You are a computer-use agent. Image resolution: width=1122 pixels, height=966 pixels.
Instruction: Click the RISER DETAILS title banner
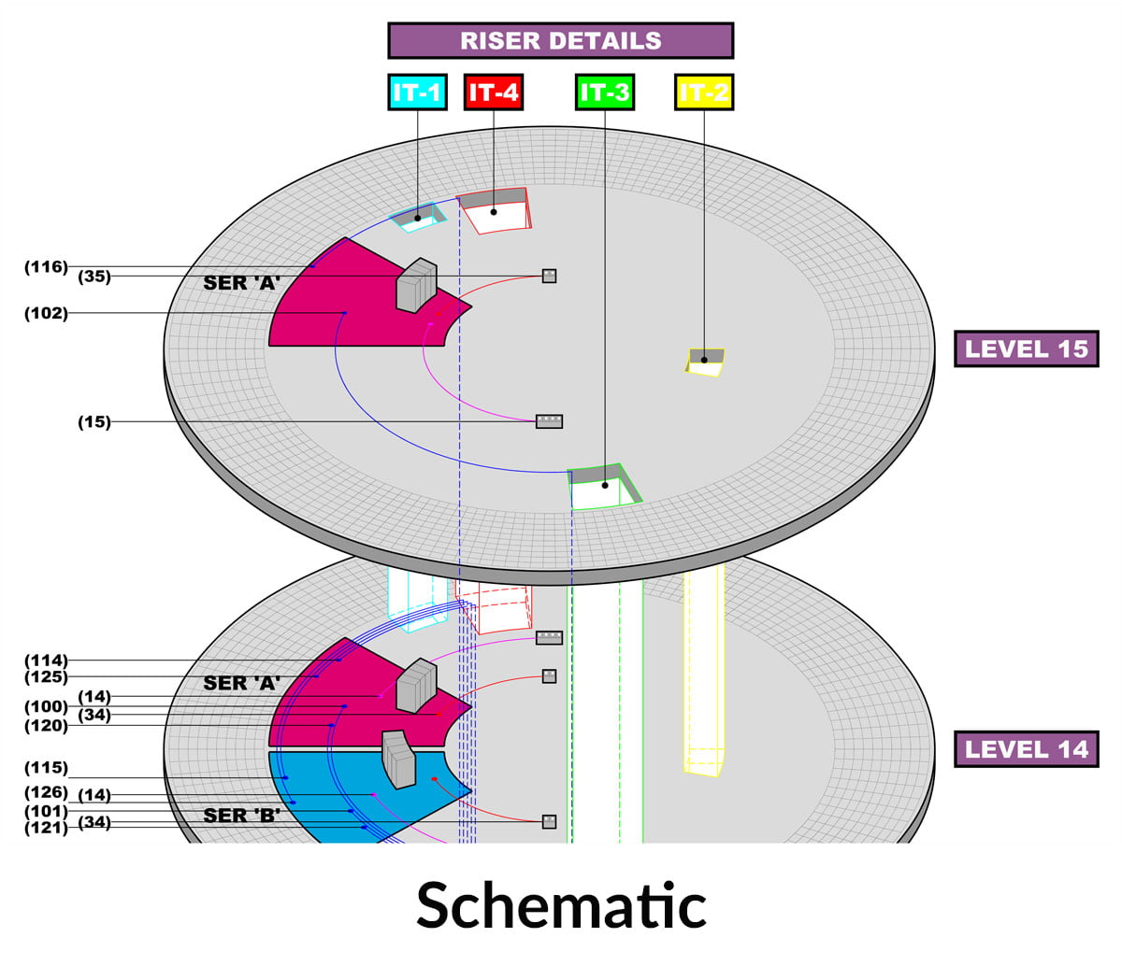560,41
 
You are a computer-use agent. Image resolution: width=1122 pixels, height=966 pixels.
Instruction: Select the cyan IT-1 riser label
417,92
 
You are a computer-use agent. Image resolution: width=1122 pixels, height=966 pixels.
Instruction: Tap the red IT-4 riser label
493,92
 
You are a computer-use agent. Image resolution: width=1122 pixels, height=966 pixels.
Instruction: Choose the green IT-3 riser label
605,92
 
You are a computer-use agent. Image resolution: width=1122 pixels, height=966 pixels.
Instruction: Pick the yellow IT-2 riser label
703,92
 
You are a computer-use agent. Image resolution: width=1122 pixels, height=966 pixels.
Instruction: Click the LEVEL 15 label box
1026,348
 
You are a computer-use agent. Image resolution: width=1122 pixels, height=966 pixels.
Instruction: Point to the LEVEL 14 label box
1026,749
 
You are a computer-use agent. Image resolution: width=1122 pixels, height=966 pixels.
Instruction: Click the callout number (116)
46,267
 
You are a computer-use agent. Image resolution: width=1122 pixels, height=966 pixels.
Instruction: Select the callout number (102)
46,314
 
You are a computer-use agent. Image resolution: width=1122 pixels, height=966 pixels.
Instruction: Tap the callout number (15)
93,422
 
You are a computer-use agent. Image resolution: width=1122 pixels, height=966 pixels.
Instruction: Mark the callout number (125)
46,676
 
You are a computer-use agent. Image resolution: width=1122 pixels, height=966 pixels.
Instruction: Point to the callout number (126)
46,793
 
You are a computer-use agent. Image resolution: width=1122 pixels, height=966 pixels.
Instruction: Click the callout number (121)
46,828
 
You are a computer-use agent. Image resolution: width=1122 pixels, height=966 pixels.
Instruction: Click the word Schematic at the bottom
561,904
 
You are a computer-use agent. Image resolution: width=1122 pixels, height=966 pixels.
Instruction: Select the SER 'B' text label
242,815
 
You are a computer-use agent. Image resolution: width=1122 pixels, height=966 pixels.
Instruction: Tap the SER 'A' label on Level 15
242,282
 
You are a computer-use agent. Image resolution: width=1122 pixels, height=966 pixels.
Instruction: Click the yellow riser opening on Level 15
706,362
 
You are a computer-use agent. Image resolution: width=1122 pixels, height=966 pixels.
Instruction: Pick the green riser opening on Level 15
604,488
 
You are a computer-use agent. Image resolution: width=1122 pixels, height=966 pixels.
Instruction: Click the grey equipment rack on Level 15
416,284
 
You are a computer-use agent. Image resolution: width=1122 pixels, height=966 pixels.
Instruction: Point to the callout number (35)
93,277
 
